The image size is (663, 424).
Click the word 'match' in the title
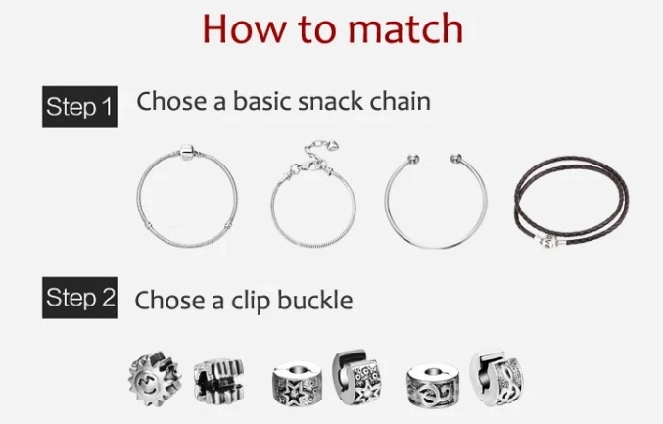click(405, 28)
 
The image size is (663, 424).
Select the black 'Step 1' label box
click(79, 107)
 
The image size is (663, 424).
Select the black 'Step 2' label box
click(79, 298)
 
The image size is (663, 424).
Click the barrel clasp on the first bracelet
click(186, 152)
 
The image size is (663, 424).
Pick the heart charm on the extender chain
click(333, 146)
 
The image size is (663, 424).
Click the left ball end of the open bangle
click(413, 159)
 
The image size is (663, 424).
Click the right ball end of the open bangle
click(455, 159)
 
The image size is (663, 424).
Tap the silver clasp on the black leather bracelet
click(549, 243)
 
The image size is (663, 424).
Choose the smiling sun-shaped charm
click(155, 378)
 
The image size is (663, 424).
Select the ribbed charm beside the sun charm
click(219, 380)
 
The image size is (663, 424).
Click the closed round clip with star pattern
click(298, 384)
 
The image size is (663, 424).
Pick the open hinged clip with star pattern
click(356, 377)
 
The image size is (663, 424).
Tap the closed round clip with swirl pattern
click(433, 387)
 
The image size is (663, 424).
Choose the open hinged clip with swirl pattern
click(496, 378)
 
